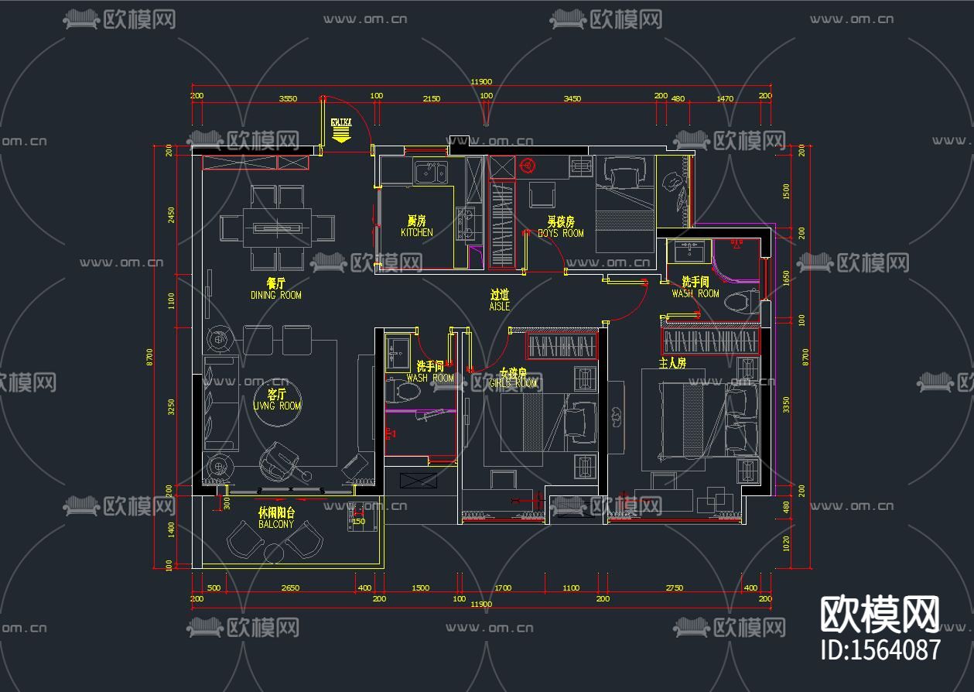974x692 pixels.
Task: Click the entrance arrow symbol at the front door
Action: (340, 135)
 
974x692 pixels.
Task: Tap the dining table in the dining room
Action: (277, 228)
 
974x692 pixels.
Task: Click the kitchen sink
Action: (429, 172)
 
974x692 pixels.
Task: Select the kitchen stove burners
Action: (466, 223)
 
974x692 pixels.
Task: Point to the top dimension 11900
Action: (481, 82)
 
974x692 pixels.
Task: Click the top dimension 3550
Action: (288, 98)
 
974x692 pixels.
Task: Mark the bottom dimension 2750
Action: (674, 588)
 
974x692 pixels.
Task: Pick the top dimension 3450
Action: (572, 98)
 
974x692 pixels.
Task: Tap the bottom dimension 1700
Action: (503, 588)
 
